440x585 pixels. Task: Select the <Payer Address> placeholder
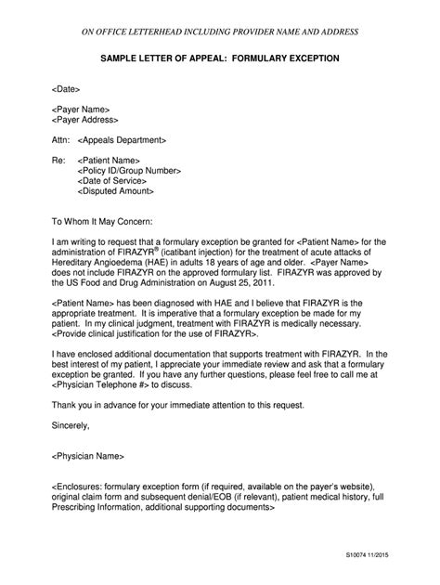[x=85, y=120]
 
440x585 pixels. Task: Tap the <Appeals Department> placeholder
[x=123, y=140]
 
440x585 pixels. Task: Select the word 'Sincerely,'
[x=70, y=424]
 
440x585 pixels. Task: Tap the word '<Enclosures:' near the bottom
[x=78, y=486]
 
